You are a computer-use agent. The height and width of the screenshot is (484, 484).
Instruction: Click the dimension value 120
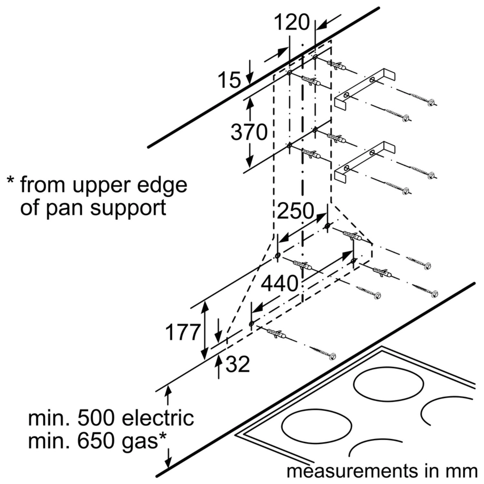[x=292, y=23]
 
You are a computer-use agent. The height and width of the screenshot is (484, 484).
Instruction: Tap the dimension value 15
[x=229, y=80]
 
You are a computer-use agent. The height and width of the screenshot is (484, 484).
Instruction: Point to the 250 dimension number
[x=295, y=211]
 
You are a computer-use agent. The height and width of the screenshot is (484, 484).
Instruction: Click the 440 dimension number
[x=279, y=284]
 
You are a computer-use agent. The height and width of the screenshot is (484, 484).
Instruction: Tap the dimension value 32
[x=238, y=365]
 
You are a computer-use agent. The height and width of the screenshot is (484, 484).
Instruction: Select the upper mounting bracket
[x=365, y=87]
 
